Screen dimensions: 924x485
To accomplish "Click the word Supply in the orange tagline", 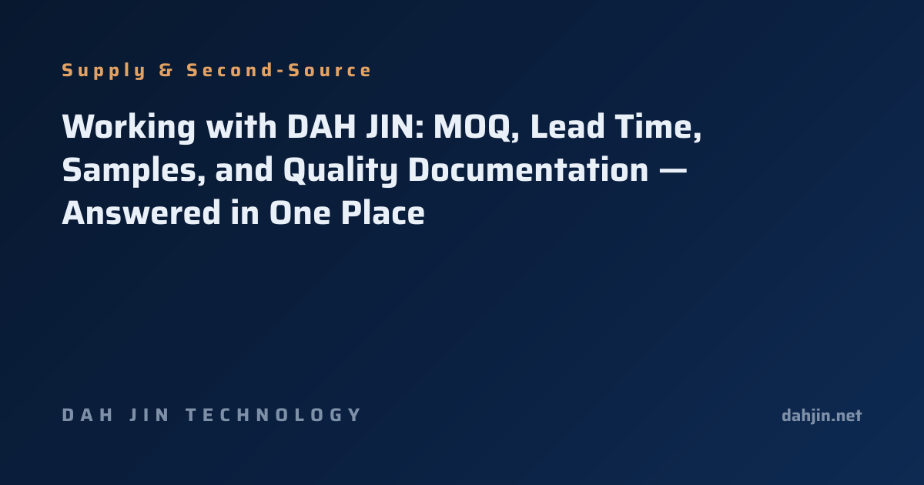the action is (103, 71).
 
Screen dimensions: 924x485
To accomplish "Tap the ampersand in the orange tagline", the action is (166, 70).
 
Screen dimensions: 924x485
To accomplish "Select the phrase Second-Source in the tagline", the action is (279, 70).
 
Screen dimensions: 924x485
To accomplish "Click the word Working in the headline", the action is (129, 127).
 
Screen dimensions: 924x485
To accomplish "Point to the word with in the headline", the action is (241, 126).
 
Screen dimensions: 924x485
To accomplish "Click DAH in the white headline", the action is (322, 126).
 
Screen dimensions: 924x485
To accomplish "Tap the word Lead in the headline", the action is (567, 126).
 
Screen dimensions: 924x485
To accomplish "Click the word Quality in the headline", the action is (340, 170).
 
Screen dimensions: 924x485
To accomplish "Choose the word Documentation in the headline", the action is (528, 169).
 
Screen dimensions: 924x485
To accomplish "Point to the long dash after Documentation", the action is (673, 170).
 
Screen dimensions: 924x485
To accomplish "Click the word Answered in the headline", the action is (141, 212).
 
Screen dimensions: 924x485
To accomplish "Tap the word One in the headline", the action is (300, 212).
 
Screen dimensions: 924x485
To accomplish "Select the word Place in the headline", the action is (383, 212).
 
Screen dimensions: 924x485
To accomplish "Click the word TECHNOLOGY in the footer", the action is (273, 415).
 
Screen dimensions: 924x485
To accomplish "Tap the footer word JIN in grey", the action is (149, 415).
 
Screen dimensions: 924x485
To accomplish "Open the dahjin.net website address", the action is (822, 416).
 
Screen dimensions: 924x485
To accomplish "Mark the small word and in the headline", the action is (244, 169).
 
